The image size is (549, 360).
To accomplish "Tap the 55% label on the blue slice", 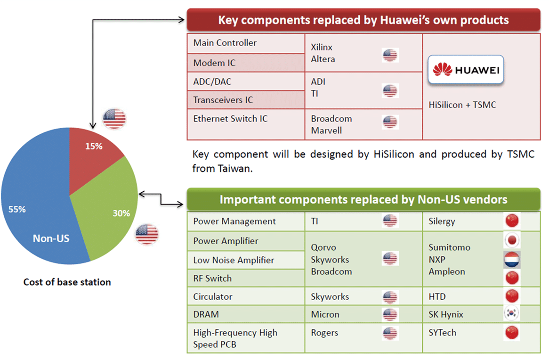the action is click(x=17, y=209).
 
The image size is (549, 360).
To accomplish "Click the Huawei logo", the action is click(x=466, y=70).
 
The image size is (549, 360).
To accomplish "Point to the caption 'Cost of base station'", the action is click(x=67, y=282).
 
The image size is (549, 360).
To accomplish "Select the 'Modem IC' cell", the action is click(x=246, y=63).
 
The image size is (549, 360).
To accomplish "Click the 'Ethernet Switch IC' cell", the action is click(x=246, y=124).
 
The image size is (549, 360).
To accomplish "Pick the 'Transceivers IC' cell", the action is click(x=246, y=100).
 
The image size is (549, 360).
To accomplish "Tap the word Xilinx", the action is click(x=322, y=47).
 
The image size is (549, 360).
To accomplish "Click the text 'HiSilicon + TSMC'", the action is click(x=462, y=105).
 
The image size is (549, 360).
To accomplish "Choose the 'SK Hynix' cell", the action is click(x=481, y=314).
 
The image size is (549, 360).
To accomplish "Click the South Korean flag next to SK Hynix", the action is click(x=511, y=313).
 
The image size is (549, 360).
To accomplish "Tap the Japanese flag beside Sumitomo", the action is click(x=512, y=240).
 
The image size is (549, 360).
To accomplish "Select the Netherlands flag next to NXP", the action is click(x=512, y=260).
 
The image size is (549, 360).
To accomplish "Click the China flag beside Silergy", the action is click(x=512, y=221).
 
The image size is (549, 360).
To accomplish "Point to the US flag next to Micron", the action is click(x=390, y=314).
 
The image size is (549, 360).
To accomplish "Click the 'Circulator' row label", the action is click(x=212, y=296).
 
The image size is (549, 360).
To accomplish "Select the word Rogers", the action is click(x=324, y=333).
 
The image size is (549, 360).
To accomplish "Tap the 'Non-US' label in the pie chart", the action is click(x=51, y=238).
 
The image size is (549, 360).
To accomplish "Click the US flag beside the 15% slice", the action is click(x=114, y=119).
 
